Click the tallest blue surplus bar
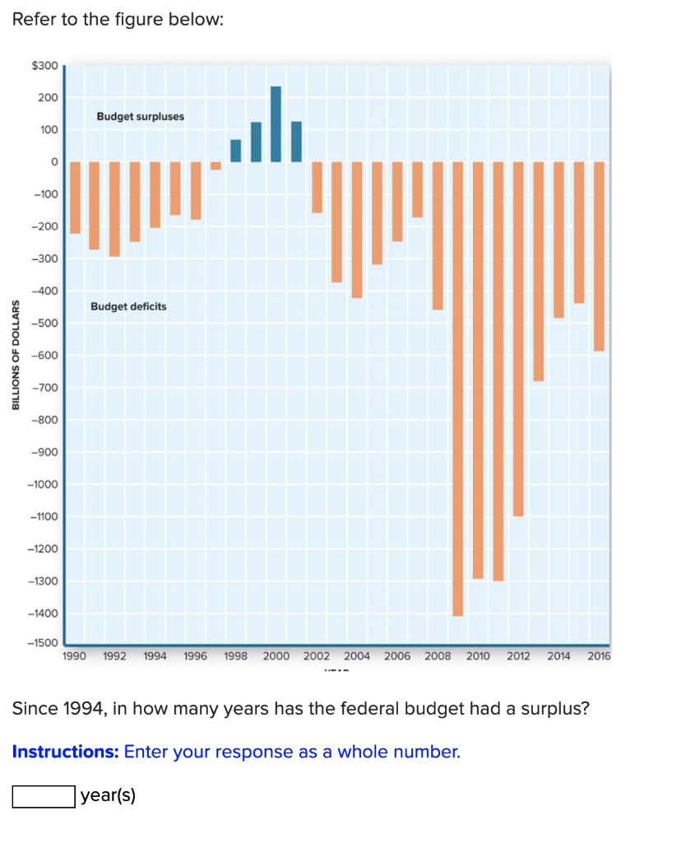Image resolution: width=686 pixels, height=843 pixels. pyautogui.click(x=276, y=124)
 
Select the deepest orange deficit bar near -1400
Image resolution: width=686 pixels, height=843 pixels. pyautogui.click(x=457, y=389)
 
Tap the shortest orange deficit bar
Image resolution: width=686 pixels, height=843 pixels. pyautogui.click(x=216, y=165)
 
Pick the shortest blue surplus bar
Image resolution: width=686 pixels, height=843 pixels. pyautogui.click(x=236, y=151)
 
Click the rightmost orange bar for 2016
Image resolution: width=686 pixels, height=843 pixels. pyautogui.click(x=599, y=256)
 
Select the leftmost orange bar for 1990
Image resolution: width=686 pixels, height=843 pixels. pyautogui.click(x=75, y=198)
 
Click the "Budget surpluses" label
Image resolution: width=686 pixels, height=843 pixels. pyautogui.click(x=140, y=117)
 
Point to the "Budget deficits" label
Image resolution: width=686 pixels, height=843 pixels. pyautogui.click(x=128, y=306)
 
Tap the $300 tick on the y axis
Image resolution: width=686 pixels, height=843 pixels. pyautogui.click(x=44, y=65)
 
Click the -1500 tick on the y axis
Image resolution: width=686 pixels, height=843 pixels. pyautogui.click(x=43, y=642)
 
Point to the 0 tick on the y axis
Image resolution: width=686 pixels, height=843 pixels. pyautogui.click(x=54, y=162)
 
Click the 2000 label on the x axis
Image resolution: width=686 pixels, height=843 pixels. pyautogui.click(x=276, y=656)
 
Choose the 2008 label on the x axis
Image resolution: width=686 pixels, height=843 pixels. pyautogui.click(x=438, y=656)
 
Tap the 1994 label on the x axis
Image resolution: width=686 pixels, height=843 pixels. pyautogui.click(x=155, y=656)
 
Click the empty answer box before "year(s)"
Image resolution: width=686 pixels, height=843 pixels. pyautogui.click(x=43, y=796)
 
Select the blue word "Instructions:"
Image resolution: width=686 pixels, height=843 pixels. pyautogui.click(x=65, y=752)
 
